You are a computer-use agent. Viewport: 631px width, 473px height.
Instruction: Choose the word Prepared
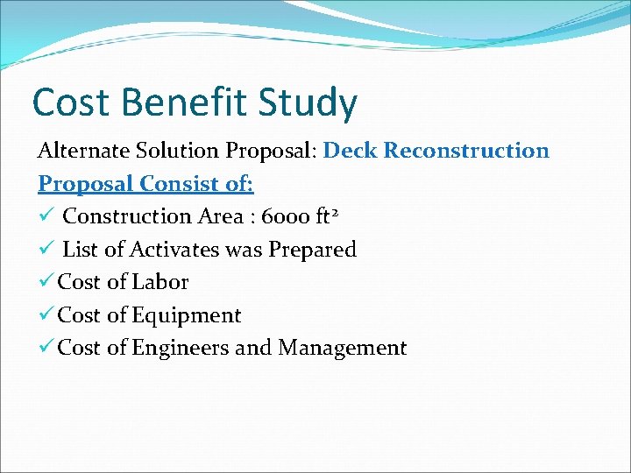[x=313, y=251]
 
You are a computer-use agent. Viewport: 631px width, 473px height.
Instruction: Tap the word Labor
[x=160, y=282]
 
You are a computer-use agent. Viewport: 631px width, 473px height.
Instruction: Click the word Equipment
[x=187, y=316]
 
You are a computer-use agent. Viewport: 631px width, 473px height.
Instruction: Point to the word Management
[x=343, y=349]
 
